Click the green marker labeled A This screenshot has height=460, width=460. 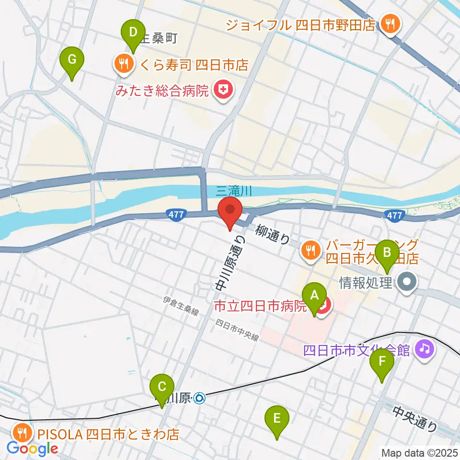314,301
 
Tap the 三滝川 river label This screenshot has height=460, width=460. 234,191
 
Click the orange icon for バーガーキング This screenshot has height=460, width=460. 310,249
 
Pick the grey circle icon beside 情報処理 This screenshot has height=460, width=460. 408,283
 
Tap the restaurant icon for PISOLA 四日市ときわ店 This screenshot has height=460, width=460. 23,433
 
